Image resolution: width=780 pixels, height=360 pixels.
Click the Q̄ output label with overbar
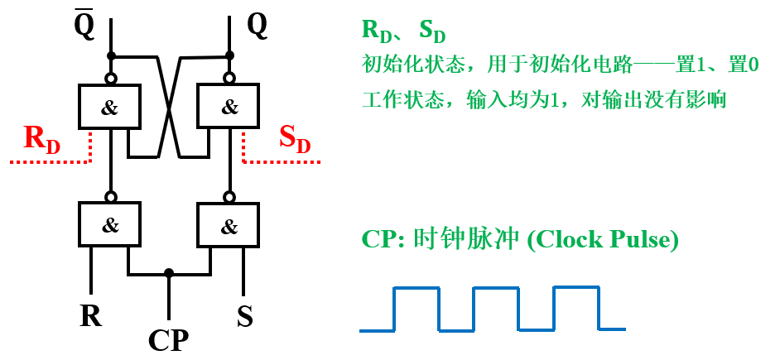(84, 25)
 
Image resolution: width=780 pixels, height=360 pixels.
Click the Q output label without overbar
(257, 26)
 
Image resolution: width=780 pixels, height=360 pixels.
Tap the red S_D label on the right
(294, 138)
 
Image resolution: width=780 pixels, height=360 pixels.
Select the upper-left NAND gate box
(110, 107)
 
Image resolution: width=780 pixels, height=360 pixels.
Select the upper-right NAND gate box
(229, 107)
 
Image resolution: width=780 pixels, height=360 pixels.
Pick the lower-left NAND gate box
(110, 224)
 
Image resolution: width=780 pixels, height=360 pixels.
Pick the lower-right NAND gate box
(229, 224)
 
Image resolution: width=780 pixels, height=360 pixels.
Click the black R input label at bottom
(90, 315)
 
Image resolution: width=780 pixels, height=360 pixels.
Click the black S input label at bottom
(244, 315)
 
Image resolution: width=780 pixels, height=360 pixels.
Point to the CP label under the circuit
(168, 339)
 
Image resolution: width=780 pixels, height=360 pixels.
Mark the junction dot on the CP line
(169, 273)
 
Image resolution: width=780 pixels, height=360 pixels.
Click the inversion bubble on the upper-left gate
(110, 79)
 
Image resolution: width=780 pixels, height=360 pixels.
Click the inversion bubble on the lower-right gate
(229, 197)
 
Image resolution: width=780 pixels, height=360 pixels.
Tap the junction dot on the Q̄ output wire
(110, 55)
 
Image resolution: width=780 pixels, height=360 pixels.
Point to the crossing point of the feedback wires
(169, 107)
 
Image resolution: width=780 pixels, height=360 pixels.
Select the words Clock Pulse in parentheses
(604, 239)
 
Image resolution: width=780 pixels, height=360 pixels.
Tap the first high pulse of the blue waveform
(416, 289)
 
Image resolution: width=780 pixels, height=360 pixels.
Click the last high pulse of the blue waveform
(576, 289)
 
